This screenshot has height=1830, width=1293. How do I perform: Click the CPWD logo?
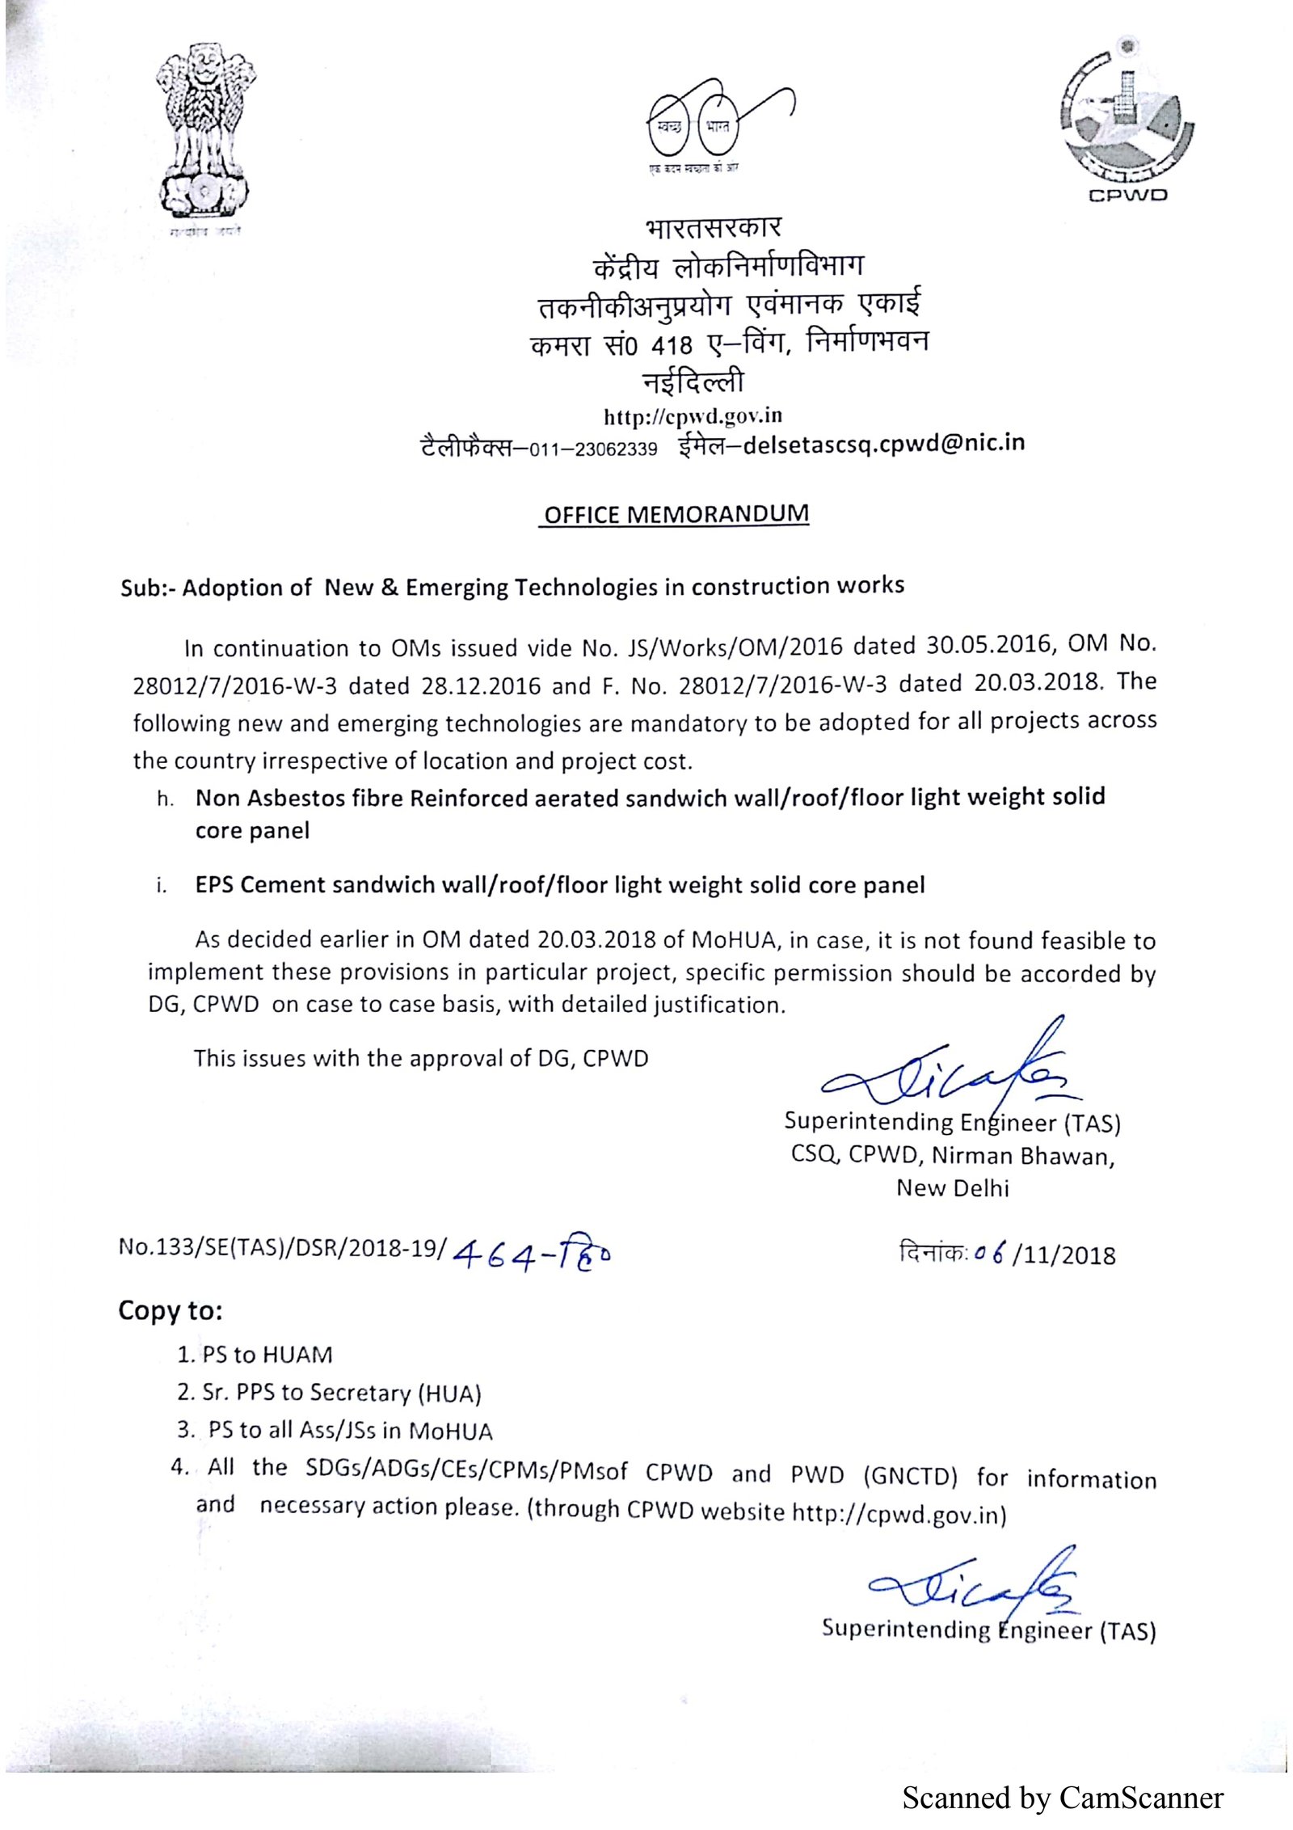coord(1127,121)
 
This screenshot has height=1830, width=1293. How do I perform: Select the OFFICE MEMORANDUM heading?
coord(676,514)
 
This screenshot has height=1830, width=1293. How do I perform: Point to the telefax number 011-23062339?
coord(593,449)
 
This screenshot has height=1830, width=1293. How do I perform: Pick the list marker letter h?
coord(165,799)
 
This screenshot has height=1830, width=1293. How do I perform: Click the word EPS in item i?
coord(214,884)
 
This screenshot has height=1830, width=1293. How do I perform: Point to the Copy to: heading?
coord(170,1310)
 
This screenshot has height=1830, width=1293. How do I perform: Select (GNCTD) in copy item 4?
coord(910,1476)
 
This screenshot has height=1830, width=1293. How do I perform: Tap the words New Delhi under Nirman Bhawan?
coord(952,1188)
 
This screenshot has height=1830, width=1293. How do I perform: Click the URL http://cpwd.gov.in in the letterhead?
coord(693,416)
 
